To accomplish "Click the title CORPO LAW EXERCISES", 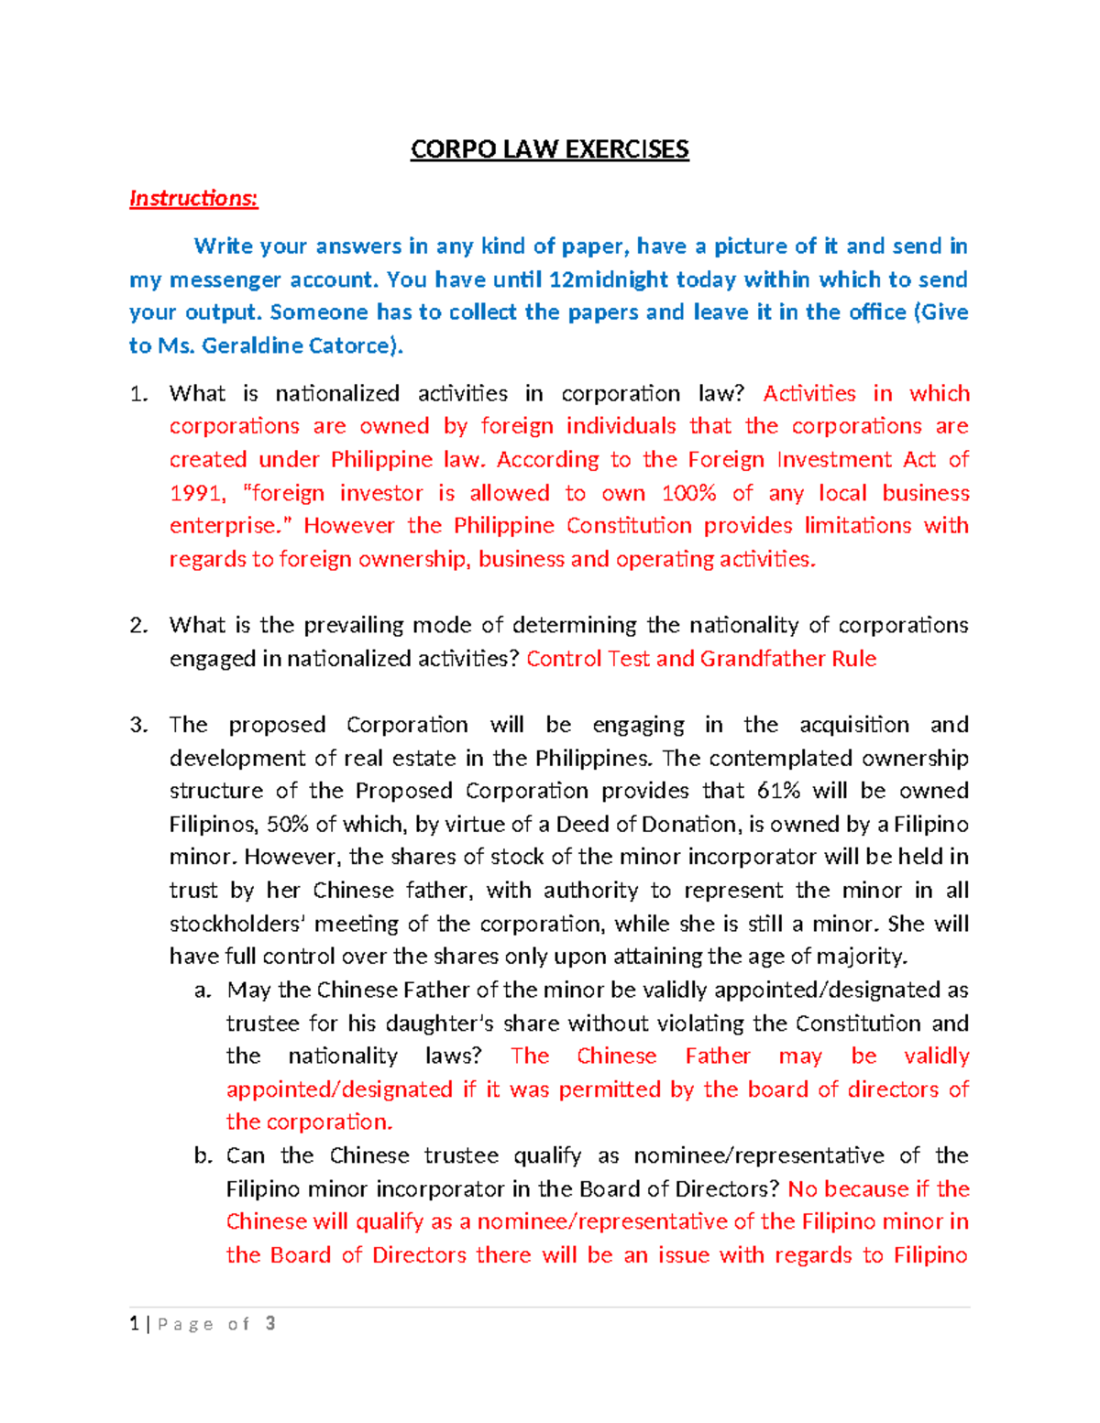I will click(549, 149).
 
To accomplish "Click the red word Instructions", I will click(193, 198).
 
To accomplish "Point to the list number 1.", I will click(137, 394).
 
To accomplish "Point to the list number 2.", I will click(137, 626).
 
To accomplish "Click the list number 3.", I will click(137, 726).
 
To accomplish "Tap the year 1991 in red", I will click(195, 493).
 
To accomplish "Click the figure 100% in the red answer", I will click(688, 493).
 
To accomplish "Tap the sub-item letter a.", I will click(203, 991).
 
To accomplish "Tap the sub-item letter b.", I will click(203, 1156).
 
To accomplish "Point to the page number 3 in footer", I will click(269, 1323).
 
